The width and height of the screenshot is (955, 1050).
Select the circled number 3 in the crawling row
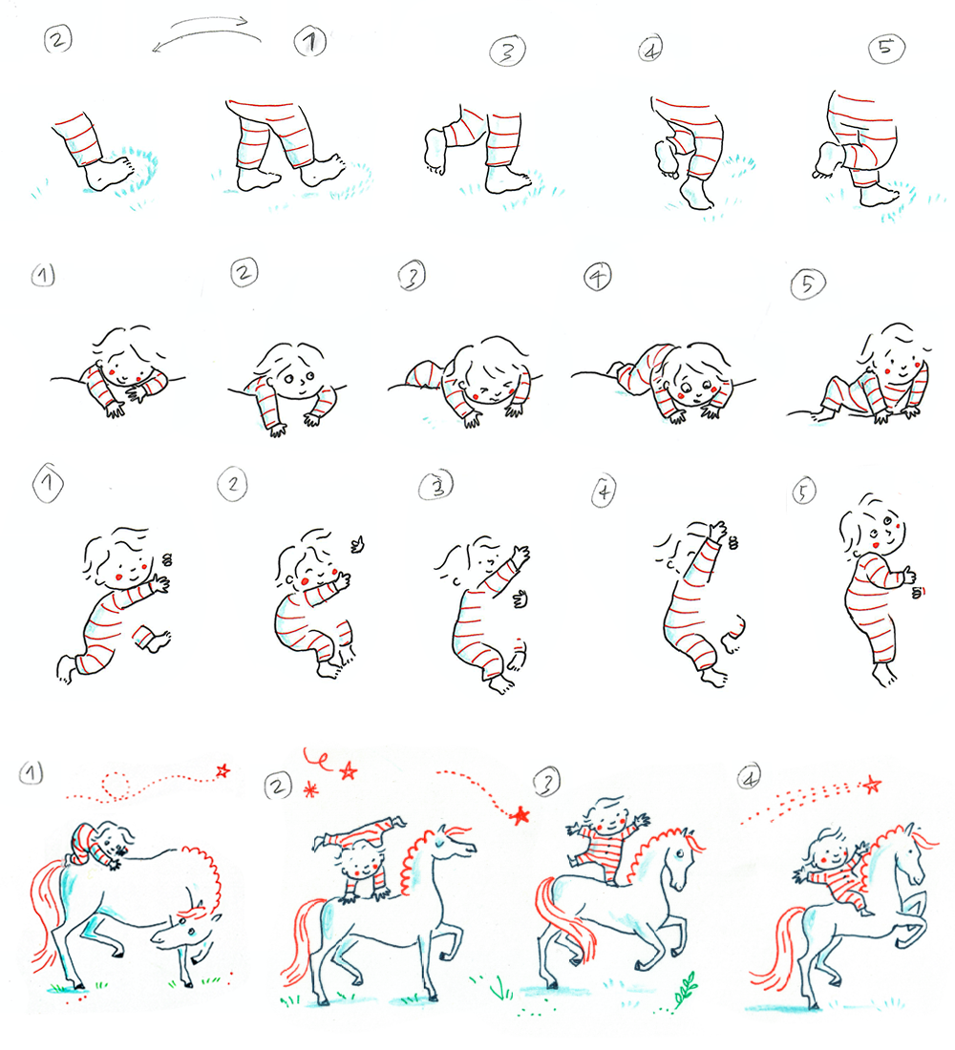[413, 277]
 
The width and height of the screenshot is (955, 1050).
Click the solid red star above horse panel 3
[520, 814]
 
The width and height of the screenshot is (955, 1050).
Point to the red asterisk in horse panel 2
[309, 789]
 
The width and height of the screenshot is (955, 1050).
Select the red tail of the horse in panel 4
[772, 947]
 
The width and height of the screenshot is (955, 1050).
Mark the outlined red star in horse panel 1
[223, 768]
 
